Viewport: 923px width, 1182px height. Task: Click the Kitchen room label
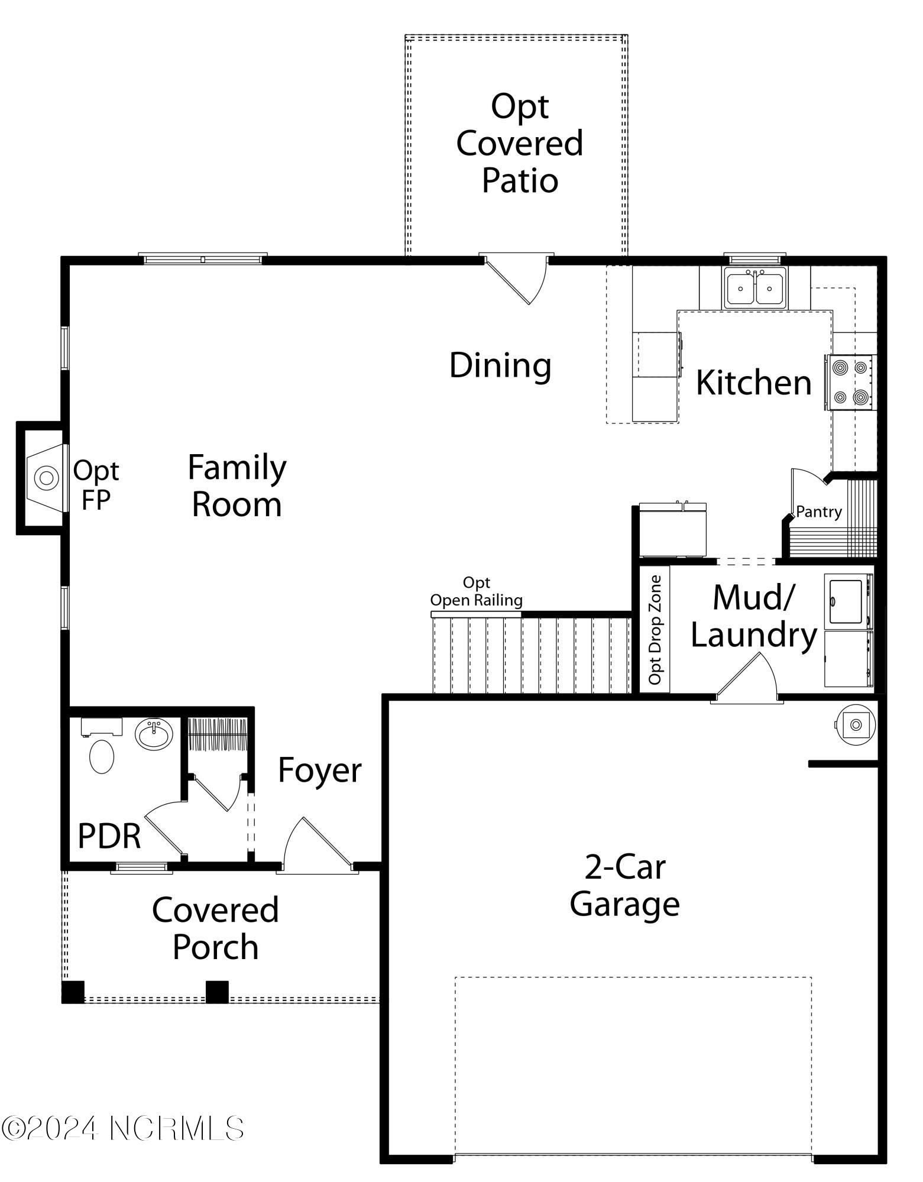[753, 383]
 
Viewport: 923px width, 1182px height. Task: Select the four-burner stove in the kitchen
[851, 383]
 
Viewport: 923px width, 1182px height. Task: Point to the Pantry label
[819, 511]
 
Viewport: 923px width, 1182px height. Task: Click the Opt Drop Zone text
[655, 630]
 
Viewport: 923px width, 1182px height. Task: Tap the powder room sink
[154, 735]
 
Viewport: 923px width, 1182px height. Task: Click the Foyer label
[319, 770]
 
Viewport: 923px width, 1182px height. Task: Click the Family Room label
[237, 486]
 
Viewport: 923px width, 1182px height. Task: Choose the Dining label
[500, 365]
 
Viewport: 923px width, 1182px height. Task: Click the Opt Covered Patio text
[520, 144]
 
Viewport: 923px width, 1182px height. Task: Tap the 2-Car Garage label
[625, 886]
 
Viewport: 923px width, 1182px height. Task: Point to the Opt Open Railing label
[477, 592]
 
